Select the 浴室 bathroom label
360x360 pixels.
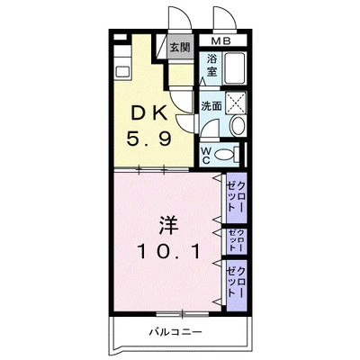pyautogui.click(x=212, y=65)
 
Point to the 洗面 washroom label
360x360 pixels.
pyautogui.click(x=212, y=104)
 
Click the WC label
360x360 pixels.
pyautogui.click(x=205, y=154)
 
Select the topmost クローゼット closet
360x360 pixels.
pyautogui.click(x=238, y=193)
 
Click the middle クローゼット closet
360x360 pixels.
pyautogui.click(x=238, y=240)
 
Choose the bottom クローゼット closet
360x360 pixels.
pyautogui.click(x=238, y=283)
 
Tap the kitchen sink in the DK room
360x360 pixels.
pyautogui.click(x=124, y=67)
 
